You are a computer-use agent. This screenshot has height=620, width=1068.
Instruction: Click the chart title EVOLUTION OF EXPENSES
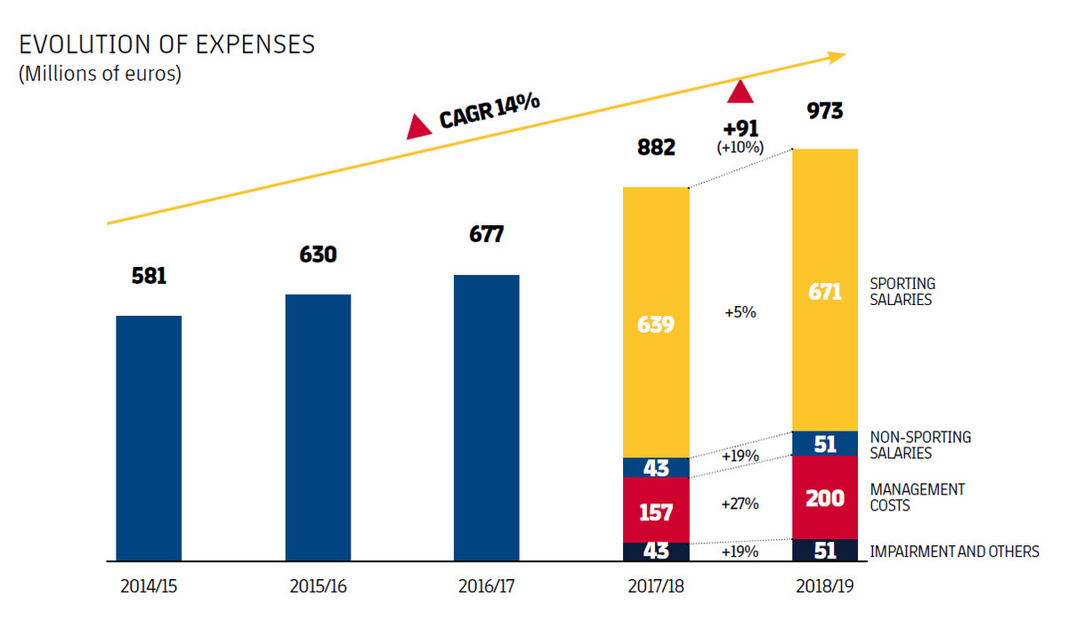click(x=166, y=45)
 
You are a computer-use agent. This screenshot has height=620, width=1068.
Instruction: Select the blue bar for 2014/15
click(x=149, y=438)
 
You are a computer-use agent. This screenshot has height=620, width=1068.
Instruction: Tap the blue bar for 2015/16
click(x=318, y=427)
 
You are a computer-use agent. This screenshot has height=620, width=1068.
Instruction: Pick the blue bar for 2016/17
click(x=486, y=417)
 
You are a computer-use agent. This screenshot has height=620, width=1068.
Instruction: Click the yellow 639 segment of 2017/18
click(x=656, y=323)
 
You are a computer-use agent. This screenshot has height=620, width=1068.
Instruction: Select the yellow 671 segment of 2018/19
click(x=825, y=290)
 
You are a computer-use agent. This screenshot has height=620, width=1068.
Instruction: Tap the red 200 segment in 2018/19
click(x=825, y=497)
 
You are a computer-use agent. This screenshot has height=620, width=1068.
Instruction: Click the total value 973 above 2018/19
click(x=825, y=113)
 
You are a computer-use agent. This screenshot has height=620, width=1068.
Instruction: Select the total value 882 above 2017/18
click(x=657, y=148)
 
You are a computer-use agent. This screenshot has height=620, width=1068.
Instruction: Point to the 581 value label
click(x=149, y=277)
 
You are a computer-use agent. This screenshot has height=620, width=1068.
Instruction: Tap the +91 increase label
click(x=740, y=128)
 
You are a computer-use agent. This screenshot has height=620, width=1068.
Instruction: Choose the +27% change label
click(x=740, y=503)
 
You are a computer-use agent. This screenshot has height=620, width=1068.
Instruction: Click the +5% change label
click(x=740, y=313)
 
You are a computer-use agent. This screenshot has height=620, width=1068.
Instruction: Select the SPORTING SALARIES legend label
click(x=902, y=292)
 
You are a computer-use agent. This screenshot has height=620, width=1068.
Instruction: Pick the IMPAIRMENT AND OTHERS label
click(x=954, y=552)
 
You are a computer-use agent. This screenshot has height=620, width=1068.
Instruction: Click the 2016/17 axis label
click(x=486, y=587)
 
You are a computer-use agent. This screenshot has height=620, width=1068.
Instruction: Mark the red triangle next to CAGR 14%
click(x=419, y=128)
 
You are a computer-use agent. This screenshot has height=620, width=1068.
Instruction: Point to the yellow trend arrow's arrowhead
click(x=837, y=58)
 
